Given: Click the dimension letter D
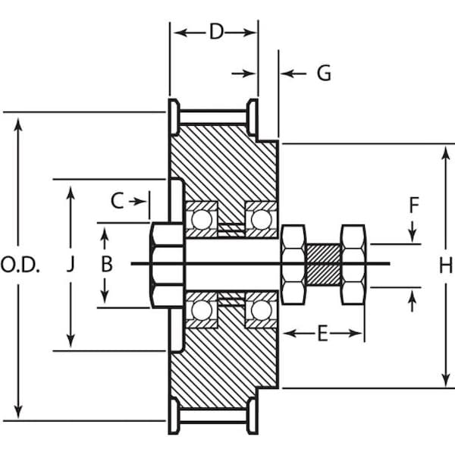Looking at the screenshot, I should pos(216,32).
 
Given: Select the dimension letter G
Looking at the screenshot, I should pos(323,73).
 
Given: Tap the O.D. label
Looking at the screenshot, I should pos(20,265).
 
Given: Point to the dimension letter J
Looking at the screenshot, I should pos(71,265).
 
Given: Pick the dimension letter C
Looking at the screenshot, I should pos(117,201).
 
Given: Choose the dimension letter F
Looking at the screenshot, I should pos(413,205).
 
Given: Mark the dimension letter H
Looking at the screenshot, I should pos(445,265).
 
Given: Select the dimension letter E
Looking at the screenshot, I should pos(322,334).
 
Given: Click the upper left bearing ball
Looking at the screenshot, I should pos(202,219).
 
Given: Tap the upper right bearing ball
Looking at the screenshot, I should pos(261,219).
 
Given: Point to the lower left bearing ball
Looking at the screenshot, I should pos(202,309).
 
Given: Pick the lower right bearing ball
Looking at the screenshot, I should pos(261,309).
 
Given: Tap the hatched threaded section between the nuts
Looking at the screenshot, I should pos(323,264).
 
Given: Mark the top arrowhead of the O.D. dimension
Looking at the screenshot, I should pos(18,119).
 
